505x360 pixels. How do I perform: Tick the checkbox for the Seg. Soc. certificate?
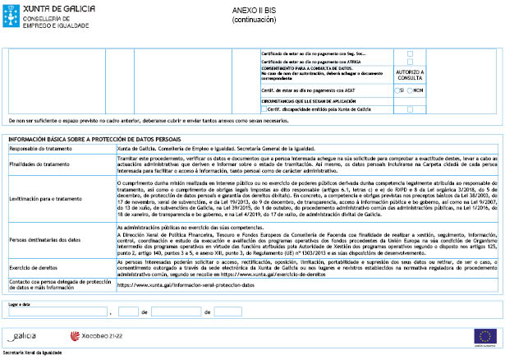pos(410,53)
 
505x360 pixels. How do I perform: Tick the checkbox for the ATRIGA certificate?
pos(410,62)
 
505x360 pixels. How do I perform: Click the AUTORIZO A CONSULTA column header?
pos(410,75)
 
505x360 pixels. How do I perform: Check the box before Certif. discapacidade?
pos(263,109)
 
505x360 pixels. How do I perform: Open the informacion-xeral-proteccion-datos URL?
pos(186,284)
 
